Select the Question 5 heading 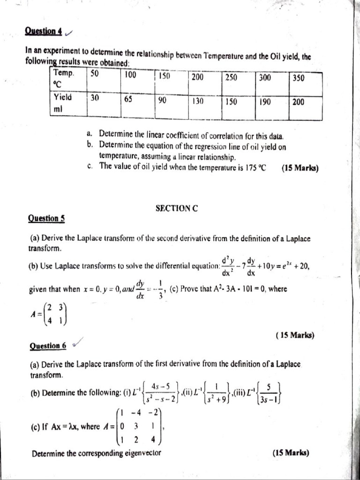click(46, 218)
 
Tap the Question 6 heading click(47, 346)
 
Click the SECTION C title click(176, 209)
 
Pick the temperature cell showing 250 click(231, 78)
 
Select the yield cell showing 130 click(198, 101)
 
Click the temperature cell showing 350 click(299, 78)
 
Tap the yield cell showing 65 click(128, 99)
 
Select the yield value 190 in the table click(265, 101)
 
